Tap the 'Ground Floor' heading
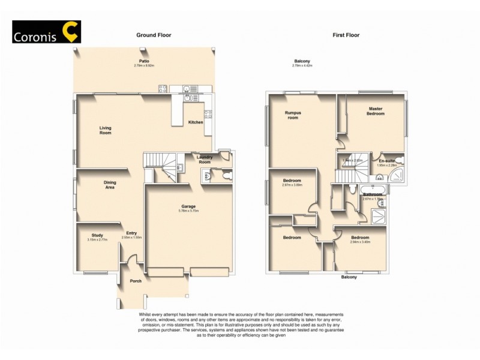[x=154, y=35]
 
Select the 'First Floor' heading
[x=346, y=35]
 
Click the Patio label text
[x=144, y=61]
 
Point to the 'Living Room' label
[x=105, y=130]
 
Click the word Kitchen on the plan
[x=196, y=122]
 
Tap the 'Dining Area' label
[x=109, y=185]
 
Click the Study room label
[x=97, y=235]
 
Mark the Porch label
[x=136, y=280]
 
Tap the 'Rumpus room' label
[x=292, y=115]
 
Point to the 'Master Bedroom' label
[x=376, y=111]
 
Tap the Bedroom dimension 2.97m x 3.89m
[x=292, y=185]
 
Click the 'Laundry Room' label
[x=205, y=160]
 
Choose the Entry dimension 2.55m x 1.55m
[x=131, y=238]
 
